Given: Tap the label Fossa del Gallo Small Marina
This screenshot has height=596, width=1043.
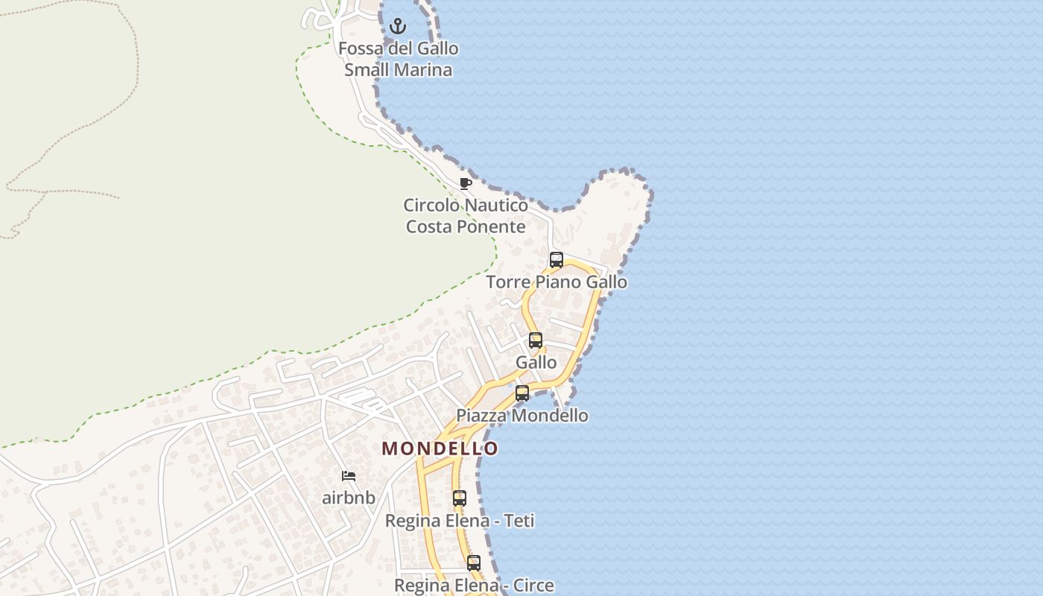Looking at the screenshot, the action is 399,60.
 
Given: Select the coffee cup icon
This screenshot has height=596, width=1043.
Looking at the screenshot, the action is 466,183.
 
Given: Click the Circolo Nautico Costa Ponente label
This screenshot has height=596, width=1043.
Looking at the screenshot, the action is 466,215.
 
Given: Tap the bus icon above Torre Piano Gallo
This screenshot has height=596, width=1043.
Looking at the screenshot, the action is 557,260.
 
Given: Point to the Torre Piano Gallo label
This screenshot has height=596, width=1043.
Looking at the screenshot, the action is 557,282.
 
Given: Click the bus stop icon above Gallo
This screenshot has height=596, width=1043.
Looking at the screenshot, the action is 536,340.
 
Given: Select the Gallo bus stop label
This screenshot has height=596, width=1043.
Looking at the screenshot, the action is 536,363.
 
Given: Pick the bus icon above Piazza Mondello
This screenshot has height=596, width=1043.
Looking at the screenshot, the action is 522,393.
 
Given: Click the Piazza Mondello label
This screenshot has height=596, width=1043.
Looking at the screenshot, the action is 522,416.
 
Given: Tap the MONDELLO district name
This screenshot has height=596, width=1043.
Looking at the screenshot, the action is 440,448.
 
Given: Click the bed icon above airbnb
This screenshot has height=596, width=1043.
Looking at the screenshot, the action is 349,476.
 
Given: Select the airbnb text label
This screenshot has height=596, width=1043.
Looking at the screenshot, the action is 349,498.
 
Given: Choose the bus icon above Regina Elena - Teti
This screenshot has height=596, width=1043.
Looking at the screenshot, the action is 460,498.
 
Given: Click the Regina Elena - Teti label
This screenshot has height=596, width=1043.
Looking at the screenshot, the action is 460,521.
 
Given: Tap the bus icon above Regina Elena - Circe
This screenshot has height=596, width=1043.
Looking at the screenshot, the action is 474,563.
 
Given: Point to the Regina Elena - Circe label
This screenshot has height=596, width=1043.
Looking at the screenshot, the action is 474,586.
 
